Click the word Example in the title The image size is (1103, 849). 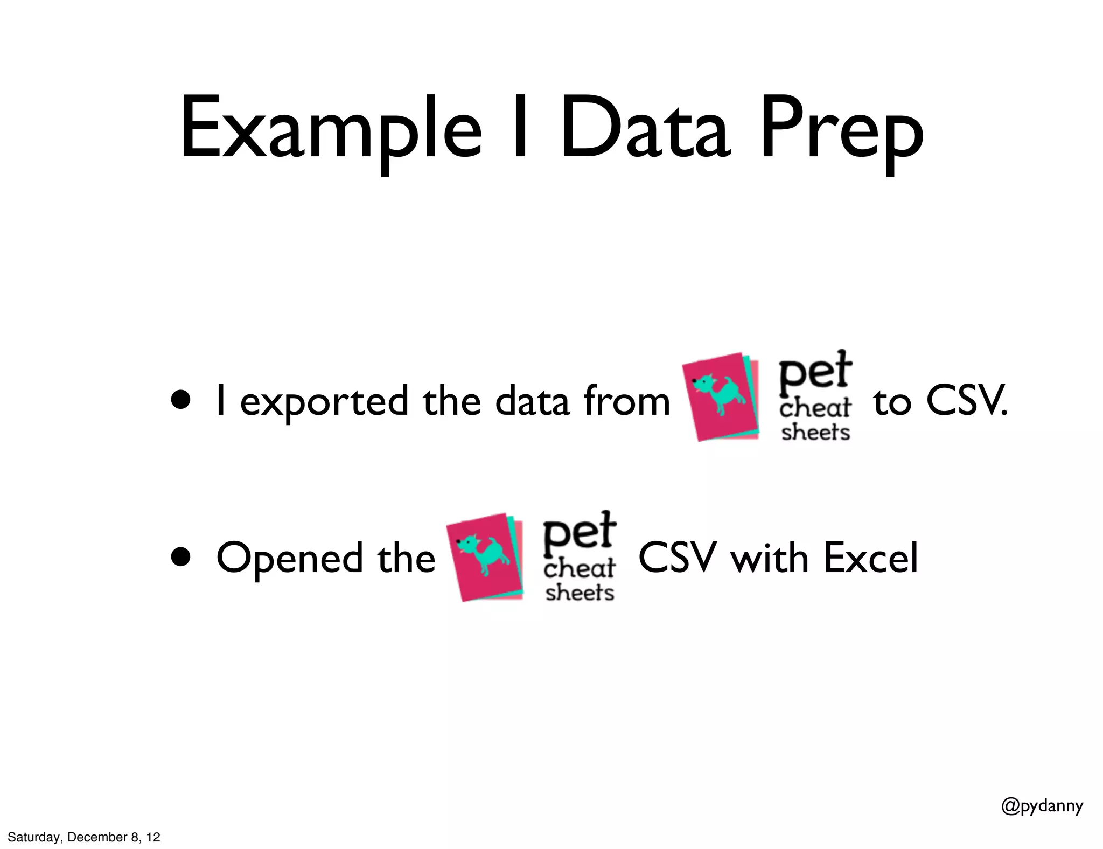point(330,129)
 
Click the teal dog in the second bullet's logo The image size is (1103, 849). point(483,555)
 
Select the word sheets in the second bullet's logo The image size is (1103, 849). point(580,593)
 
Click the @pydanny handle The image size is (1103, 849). point(1042,820)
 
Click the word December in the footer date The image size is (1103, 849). point(97,837)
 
